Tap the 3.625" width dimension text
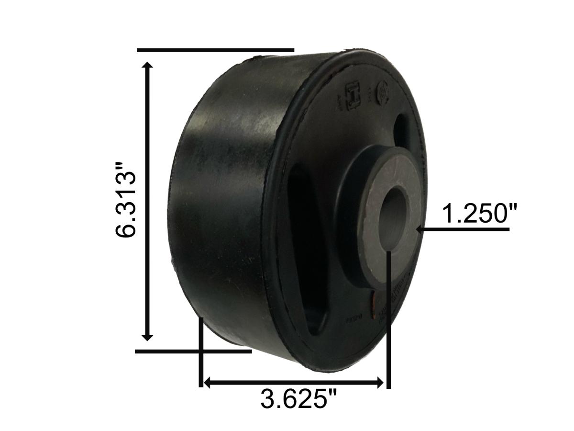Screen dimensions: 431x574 pos(299,399)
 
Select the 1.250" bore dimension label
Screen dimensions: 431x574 pos(479,214)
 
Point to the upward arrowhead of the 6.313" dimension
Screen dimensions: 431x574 pos(148,66)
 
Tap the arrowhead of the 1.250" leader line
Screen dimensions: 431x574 pos(420,230)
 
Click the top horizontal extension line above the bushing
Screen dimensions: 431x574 pos(215,49)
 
